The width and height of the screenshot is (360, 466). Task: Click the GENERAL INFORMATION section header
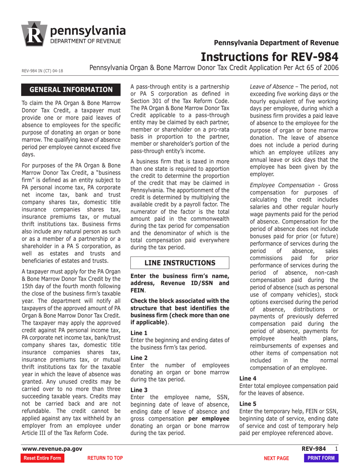click(71, 89)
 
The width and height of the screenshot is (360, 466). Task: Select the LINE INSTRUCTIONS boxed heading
click(180, 263)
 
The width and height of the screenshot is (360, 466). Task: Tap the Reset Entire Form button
click(42, 458)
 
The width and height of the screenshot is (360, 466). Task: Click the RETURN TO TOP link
click(105, 458)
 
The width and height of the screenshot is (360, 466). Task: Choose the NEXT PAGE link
click(276, 458)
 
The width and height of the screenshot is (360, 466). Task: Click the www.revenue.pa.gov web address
click(52, 449)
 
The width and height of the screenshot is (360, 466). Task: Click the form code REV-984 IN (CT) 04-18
click(42, 70)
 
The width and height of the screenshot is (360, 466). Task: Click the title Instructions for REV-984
click(269, 57)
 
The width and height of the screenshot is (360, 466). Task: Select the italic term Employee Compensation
click(282, 185)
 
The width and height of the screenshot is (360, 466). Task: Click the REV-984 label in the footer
click(313, 449)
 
